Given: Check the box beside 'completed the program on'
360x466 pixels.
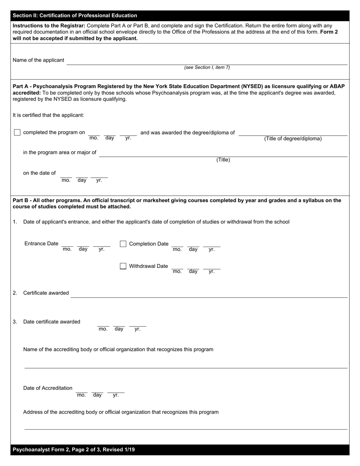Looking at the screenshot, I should (x=17, y=133).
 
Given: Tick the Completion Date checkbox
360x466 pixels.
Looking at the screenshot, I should (x=123, y=244).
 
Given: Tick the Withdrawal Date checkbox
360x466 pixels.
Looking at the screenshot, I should (x=123, y=266).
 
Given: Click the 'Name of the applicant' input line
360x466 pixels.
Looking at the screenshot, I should (x=207, y=61).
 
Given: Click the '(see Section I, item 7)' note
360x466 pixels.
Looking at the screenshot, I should (x=207, y=67).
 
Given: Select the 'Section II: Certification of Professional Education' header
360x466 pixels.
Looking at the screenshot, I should (x=75, y=16).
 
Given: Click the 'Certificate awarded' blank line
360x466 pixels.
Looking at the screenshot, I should (x=208, y=294).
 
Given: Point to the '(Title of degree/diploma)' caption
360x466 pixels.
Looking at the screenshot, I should (x=293, y=139).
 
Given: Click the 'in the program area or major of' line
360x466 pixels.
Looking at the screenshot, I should (x=223, y=153).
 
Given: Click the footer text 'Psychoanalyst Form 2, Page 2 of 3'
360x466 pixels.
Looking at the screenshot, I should (x=74, y=450).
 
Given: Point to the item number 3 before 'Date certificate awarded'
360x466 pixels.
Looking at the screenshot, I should (x=15, y=322).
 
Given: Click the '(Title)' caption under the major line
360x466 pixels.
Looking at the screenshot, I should (x=223, y=160).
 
